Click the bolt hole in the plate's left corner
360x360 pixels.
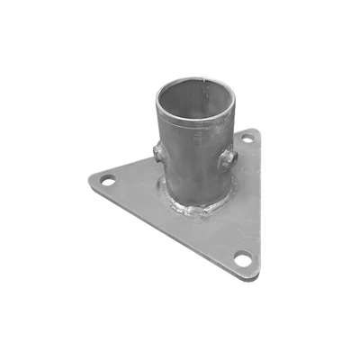[107, 181]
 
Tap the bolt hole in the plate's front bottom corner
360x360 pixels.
[242, 258]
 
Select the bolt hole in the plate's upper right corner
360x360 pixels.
[247, 141]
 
